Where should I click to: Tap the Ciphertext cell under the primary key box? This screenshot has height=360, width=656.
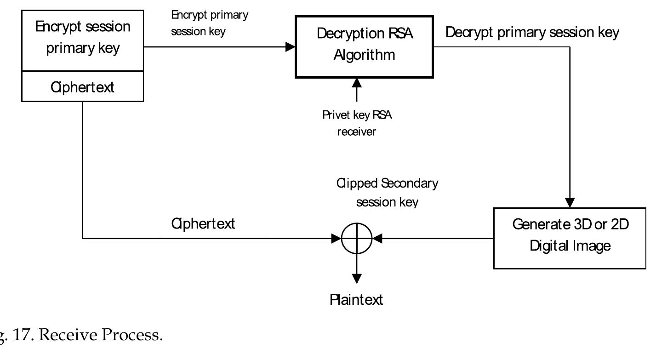pyautogui.click(x=83, y=87)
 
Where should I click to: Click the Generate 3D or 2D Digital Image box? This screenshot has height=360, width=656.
pyautogui.click(x=570, y=238)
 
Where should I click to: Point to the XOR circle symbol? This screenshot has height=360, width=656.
pyautogui.click(x=357, y=239)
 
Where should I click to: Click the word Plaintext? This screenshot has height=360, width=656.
pyautogui.click(x=356, y=300)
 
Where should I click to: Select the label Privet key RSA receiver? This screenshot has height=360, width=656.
pyautogui.click(x=357, y=123)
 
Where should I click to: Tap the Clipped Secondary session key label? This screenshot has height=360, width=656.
pyautogui.click(x=387, y=192)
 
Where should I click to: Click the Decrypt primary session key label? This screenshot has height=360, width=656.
pyautogui.click(x=532, y=33)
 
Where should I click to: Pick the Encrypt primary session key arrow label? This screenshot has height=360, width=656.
pyautogui.click(x=210, y=23)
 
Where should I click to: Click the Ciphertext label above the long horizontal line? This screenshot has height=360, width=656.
pyautogui.click(x=203, y=224)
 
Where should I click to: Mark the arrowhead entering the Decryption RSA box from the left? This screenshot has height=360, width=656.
pyautogui.click(x=290, y=46)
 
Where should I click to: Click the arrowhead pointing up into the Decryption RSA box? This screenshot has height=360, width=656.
pyautogui.click(x=357, y=83)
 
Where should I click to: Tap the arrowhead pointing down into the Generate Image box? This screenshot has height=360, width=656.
pyautogui.click(x=570, y=203)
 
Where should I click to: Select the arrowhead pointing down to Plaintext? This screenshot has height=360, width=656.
pyautogui.click(x=357, y=278)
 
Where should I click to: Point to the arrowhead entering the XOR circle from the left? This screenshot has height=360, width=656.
pyautogui.click(x=337, y=239)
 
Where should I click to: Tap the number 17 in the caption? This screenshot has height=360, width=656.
pyautogui.click(x=25, y=335)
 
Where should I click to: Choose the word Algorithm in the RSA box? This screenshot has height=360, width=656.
pyautogui.click(x=364, y=55)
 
